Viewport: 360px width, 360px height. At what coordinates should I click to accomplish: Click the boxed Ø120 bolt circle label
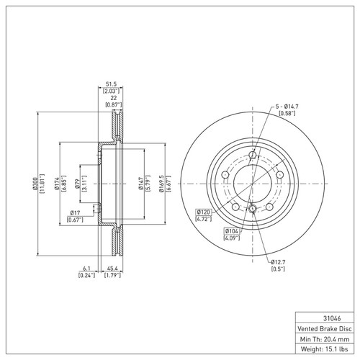point(204,212)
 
